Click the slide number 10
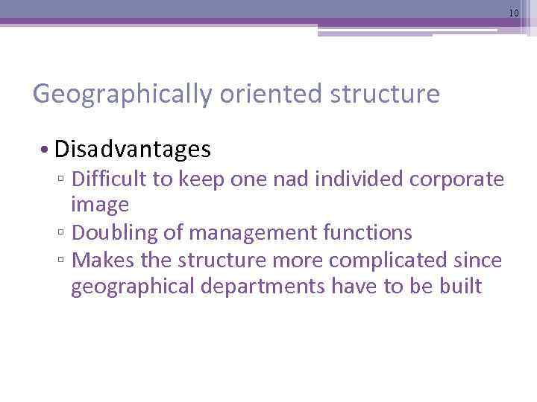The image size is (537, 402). point(514,13)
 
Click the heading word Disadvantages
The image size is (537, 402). point(133,150)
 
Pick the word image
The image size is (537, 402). point(100,205)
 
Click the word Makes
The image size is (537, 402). point(101,260)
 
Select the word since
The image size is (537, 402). point(483,260)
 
